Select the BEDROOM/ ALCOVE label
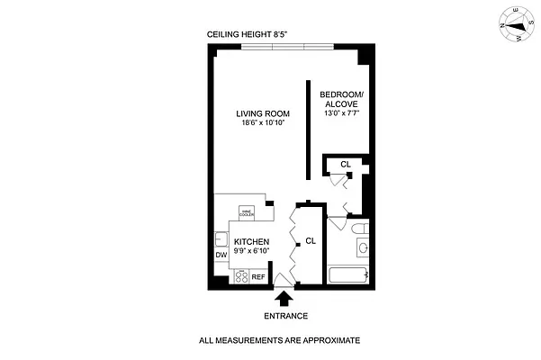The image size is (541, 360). tap(344, 99)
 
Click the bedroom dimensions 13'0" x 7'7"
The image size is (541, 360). tap(344, 114)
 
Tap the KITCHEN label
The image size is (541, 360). tap(252, 242)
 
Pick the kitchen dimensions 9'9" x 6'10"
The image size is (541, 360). tap(252, 251)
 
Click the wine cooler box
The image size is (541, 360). tap(247, 212)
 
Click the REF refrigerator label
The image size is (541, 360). tap(258, 277)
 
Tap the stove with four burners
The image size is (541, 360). tap(241, 277)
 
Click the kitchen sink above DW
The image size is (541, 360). tap(221, 239)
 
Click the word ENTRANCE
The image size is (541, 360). tap(285, 316)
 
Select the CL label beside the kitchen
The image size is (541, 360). tap(311, 241)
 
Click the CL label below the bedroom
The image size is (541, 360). tap(346, 164)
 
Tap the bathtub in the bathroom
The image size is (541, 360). tap(349, 275)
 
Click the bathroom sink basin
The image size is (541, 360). tap(361, 247)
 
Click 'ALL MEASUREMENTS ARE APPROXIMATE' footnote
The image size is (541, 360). tap(279, 341)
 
